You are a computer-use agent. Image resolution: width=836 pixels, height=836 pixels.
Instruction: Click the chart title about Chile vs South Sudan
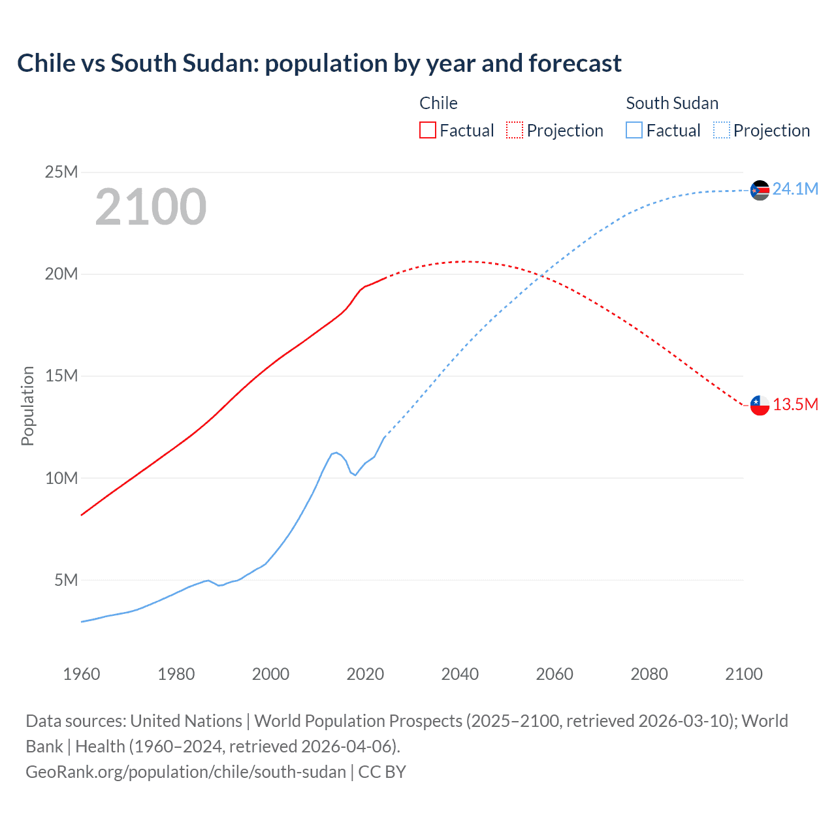pyautogui.click(x=319, y=63)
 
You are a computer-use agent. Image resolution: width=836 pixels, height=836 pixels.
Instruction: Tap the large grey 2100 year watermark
pyautogui.click(x=151, y=207)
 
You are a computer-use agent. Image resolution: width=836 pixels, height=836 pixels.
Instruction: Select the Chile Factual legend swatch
pyautogui.click(x=427, y=130)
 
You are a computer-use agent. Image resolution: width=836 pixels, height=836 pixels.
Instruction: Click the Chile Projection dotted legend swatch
pyautogui.click(x=515, y=130)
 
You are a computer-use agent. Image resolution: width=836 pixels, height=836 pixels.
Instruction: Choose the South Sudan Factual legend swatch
pyautogui.click(x=634, y=130)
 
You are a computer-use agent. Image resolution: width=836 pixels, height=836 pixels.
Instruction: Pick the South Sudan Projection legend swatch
pyautogui.click(x=721, y=130)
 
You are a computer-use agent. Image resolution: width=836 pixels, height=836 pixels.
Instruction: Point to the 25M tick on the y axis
pyautogui.click(x=61, y=172)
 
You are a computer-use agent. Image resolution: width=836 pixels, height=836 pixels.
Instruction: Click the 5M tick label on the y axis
pyautogui.click(x=66, y=580)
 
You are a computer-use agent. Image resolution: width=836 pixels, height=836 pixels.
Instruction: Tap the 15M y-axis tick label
pyautogui.click(x=61, y=376)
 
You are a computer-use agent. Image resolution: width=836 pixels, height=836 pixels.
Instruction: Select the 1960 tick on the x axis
pyautogui.click(x=82, y=674)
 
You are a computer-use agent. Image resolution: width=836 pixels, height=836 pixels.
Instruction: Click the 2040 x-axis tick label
pyautogui.click(x=460, y=674)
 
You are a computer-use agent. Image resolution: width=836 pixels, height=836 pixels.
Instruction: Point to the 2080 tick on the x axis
pyautogui.click(x=649, y=674)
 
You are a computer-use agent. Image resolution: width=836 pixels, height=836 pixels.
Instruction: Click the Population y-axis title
pyautogui.click(x=27, y=406)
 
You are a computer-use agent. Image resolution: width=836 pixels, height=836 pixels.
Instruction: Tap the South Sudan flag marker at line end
pyautogui.click(x=760, y=190)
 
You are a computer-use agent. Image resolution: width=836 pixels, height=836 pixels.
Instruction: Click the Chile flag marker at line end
pyautogui.click(x=760, y=405)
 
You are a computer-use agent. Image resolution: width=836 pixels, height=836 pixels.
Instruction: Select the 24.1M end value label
pyautogui.click(x=796, y=189)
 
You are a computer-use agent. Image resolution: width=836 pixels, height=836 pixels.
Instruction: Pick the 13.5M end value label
pyautogui.click(x=796, y=404)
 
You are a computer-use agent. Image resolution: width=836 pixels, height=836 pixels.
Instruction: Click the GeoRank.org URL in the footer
pyautogui.click(x=185, y=771)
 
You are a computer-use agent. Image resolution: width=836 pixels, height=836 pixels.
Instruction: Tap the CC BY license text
pyautogui.click(x=382, y=771)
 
